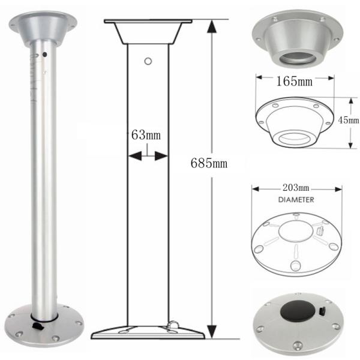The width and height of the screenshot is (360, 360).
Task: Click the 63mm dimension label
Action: coord(146,135)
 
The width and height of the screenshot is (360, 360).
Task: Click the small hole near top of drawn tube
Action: coord(148,61)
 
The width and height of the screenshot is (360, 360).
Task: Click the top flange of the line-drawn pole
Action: coord(148,23)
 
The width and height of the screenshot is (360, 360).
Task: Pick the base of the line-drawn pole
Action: coord(148,331)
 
